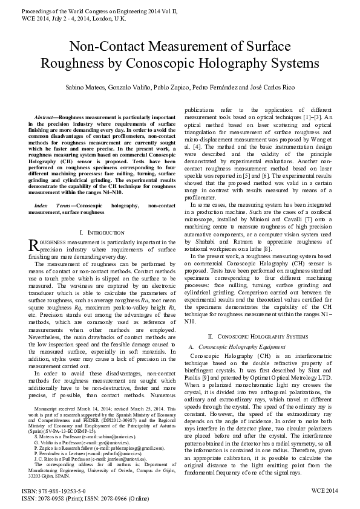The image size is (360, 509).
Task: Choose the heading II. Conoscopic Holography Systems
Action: pos(258,336)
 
